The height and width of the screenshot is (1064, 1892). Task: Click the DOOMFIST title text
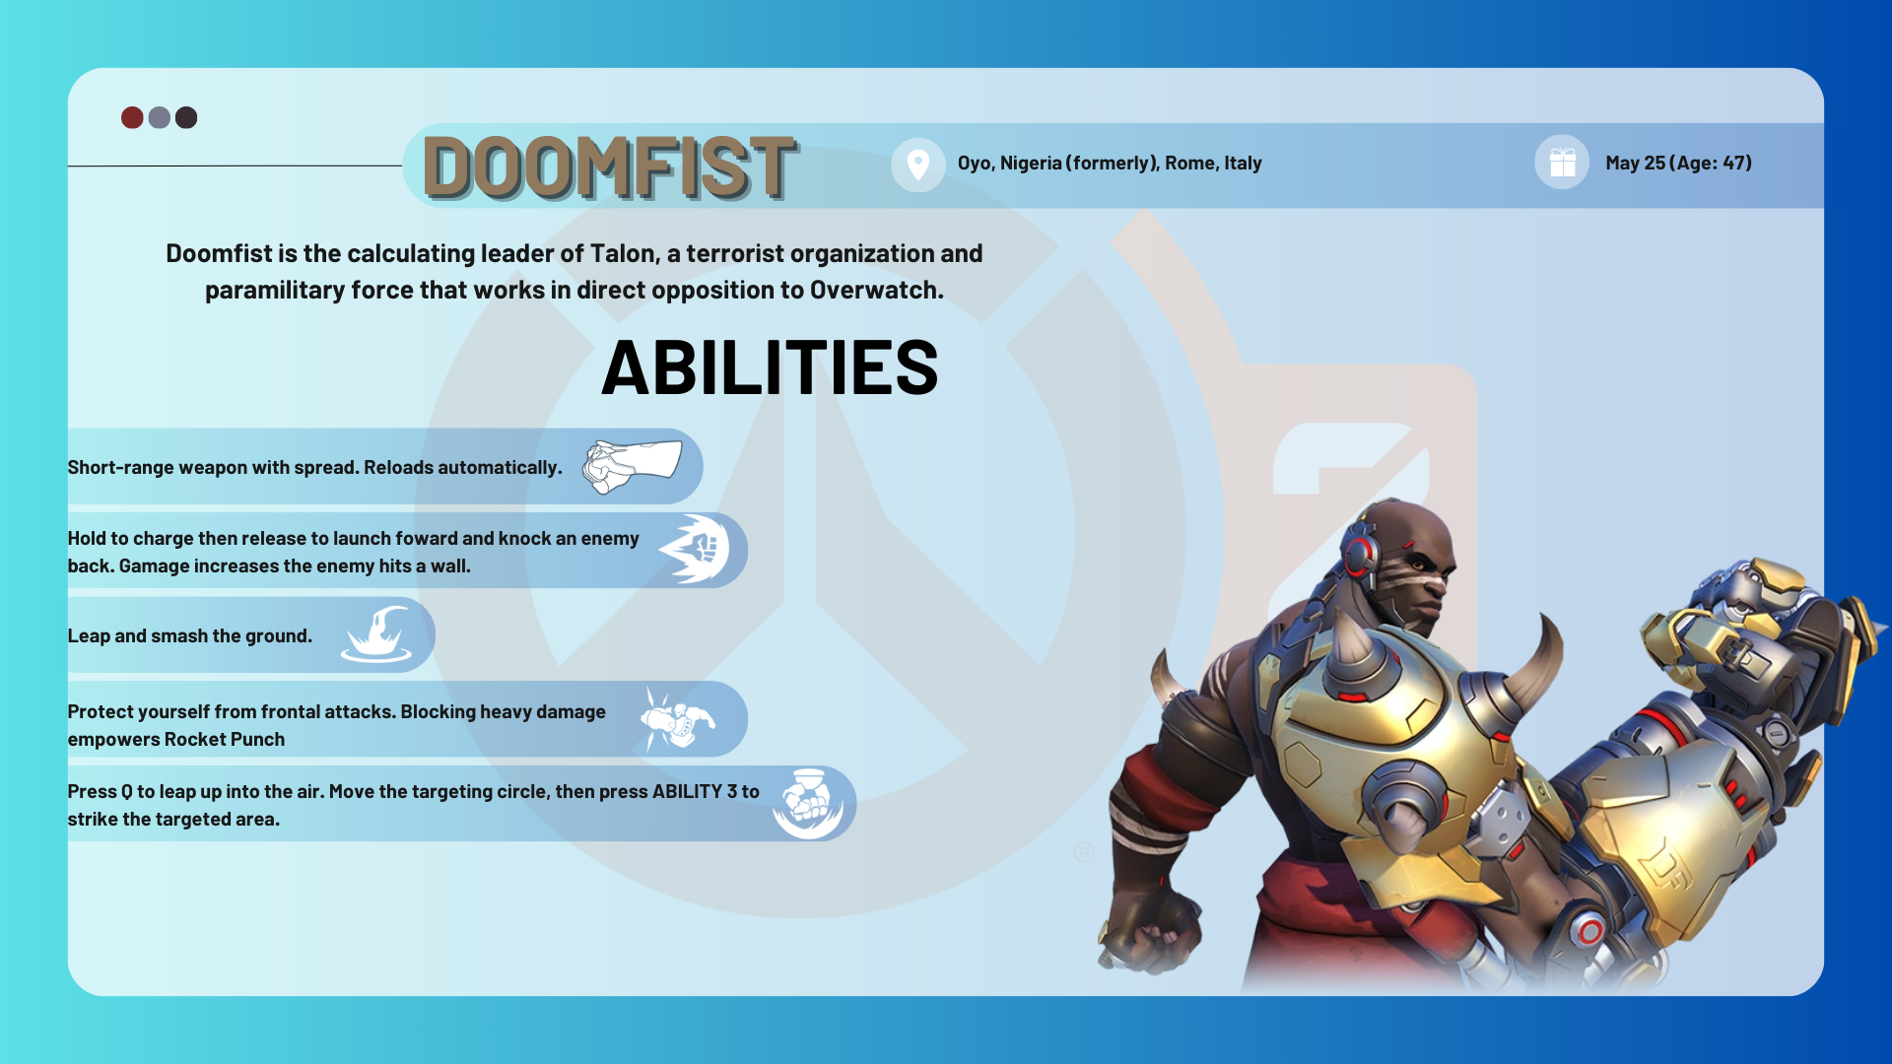point(609,167)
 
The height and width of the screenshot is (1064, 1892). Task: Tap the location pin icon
point(917,164)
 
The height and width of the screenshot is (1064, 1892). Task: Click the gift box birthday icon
point(1562,163)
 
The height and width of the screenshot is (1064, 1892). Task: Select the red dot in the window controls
point(132,118)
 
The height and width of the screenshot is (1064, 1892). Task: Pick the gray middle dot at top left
point(159,118)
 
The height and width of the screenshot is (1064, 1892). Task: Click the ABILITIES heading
point(770,368)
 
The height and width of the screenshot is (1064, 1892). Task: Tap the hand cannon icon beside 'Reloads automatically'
point(632,467)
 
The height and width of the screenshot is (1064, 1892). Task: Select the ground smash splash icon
point(376,634)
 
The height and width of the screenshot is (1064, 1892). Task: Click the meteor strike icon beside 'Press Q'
point(808,803)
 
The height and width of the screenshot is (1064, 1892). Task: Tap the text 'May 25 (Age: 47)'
point(1678,164)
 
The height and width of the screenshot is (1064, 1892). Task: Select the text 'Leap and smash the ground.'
point(189,636)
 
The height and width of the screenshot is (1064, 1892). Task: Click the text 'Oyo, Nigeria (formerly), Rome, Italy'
point(1110,164)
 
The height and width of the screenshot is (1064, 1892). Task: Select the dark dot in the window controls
point(186,118)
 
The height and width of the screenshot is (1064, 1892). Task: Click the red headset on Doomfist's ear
point(1360,554)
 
